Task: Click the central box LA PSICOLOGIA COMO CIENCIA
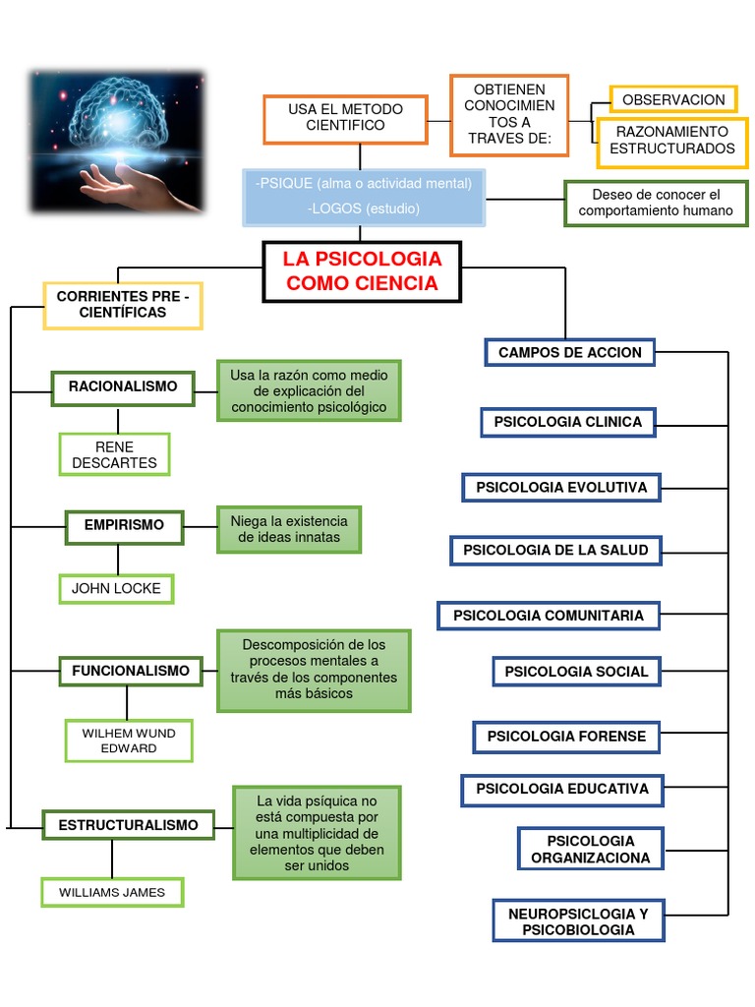coord(362,271)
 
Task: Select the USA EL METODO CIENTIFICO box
coord(345,118)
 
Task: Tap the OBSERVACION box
coord(673,99)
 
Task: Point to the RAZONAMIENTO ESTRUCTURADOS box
coord(672,141)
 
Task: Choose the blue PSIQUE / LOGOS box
coord(363,196)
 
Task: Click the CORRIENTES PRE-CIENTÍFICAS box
coord(123,305)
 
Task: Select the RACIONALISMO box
coord(123,386)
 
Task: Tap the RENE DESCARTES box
coord(114,454)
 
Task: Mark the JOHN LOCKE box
coord(116,589)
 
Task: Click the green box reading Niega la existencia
coord(289,529)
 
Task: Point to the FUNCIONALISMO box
coord(130,671)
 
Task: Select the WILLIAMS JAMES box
coord(111,892)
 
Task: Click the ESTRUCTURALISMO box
coord(128,825)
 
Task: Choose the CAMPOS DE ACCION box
coord(569,352)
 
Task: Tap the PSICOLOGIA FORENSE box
coord(566,736)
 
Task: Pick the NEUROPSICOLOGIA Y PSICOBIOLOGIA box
coord(578,921)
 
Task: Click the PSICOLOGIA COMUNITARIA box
coord(549,616)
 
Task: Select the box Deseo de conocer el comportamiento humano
coord(656,203)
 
